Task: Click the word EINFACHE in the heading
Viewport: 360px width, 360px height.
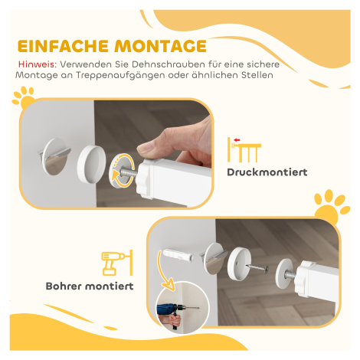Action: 63,46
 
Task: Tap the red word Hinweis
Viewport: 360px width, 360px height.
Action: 38,64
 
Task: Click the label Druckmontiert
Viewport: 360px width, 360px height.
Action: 267,172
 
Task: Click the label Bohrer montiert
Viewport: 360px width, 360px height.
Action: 90,286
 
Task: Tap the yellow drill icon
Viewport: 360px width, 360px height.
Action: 117,263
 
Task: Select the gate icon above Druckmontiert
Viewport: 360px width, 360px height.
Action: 244,149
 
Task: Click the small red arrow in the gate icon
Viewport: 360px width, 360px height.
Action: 237,140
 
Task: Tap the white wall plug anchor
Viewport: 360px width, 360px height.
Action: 177,255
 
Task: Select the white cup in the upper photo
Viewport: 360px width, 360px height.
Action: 91,163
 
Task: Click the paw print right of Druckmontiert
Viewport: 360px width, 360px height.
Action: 332,206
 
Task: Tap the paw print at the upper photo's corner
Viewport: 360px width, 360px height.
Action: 24,98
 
